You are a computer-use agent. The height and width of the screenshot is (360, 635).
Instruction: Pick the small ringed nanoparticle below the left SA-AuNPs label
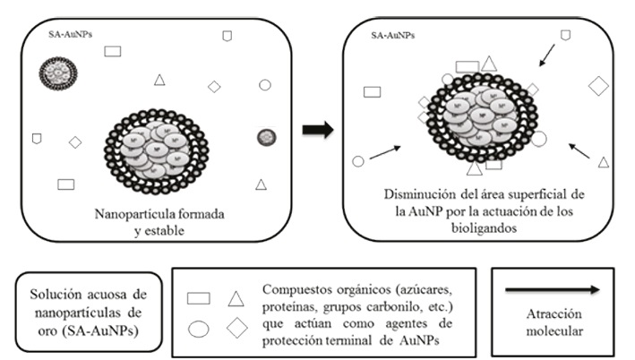tap(57, 73)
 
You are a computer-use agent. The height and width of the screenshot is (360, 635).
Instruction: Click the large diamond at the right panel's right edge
tap(599, 86)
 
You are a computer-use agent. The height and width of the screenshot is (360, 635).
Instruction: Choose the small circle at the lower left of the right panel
tap(358, 161)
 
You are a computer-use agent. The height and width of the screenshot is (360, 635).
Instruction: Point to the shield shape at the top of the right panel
tap(565, 35)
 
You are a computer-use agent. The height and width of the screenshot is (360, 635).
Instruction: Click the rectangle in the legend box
tap(199, 298)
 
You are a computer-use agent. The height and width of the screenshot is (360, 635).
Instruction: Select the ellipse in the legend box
tap(199, 329)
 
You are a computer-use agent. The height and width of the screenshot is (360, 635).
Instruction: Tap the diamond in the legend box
tap(237, 329)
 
